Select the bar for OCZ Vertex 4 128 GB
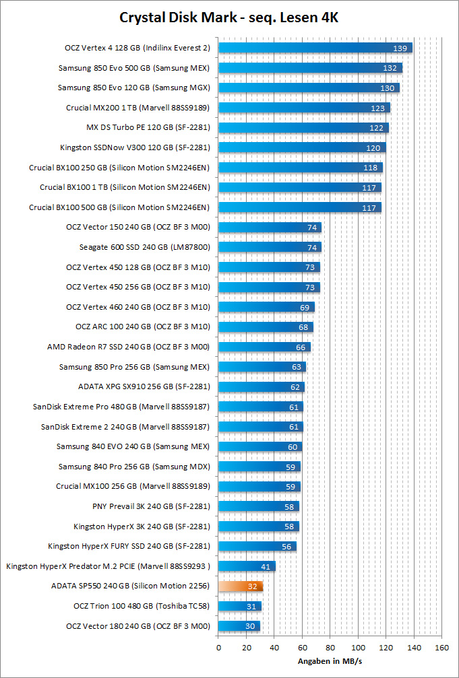tap(315, 48)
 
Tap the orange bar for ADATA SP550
tap(240, 586)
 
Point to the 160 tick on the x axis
tap(442, 647)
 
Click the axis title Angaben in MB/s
tap(330, 661)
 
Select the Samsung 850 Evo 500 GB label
tap(134, 68)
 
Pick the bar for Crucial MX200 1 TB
tap(304, 108)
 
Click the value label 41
tap(266, 567)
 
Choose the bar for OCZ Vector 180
tap(239, 627)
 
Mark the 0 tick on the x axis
tap(218, 647)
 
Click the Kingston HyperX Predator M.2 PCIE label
tap(108, 566)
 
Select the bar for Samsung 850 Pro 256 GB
tap(262, 367)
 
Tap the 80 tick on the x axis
tap(330, 647)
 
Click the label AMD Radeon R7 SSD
tap(128, 347)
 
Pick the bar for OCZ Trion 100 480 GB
tap(239, 607)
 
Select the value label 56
tap(286, 547)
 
